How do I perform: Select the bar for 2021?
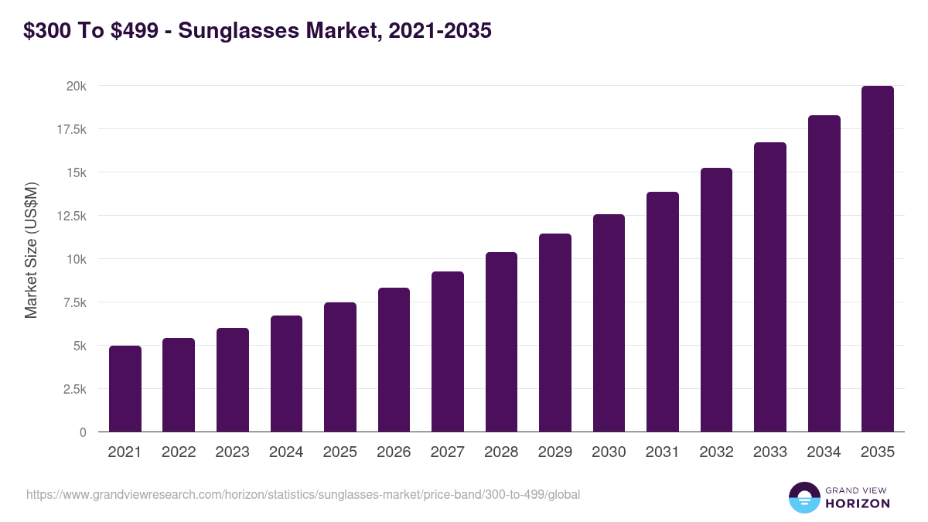point(125,389)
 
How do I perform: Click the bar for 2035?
point(877,259)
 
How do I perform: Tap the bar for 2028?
point(501,342)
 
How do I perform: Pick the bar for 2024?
point(286,374)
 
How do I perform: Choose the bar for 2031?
point(662,312)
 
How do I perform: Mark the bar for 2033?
point(769,287)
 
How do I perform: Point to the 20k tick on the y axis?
point(76,86)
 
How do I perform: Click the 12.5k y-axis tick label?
point(70,216)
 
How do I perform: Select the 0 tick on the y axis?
point(83,432)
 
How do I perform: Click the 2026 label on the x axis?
point(394,452)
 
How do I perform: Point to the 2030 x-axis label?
point(609,452)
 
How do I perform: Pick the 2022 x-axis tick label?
point(179,452)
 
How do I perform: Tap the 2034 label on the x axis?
point(824,452)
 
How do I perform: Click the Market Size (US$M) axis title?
point(31,250)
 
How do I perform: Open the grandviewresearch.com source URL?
point(302,494)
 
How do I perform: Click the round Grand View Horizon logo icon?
point(803,497)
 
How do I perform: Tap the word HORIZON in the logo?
point(858,503)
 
